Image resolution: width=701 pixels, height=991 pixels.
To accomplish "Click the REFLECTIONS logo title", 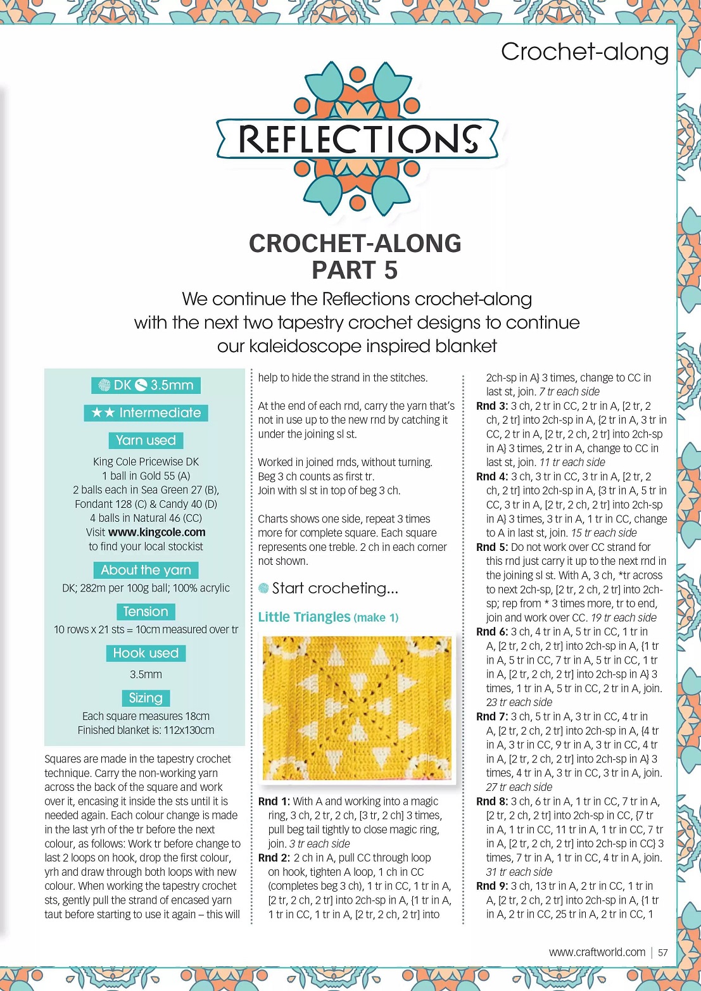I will (x=358, y=139).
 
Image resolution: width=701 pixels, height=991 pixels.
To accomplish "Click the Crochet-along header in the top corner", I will (x=584, y=52).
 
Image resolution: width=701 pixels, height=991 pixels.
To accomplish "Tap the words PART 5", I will (x=355, y=270).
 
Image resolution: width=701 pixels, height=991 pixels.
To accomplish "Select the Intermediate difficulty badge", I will (x=146, y=413).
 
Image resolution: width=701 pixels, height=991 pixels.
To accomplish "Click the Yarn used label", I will (x=146, y=440).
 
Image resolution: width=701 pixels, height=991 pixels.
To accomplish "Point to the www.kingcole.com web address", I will (x=156, y=532).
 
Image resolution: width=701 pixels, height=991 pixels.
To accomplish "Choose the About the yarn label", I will (x=146, y=570).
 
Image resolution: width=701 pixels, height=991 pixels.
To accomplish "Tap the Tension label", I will (x=146, y=612).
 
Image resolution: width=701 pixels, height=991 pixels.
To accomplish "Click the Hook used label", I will (x=146, y=653).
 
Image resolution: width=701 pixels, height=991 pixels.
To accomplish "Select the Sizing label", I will (x=146, y=698).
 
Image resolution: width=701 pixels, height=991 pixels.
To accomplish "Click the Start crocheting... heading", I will (x=334, y=588).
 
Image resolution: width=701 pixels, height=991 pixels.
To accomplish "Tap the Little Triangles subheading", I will (x=304, y=617).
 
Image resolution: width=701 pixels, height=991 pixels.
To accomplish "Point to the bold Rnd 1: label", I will (x=274, y=801).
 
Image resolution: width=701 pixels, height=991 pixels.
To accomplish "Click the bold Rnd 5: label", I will (x=492, y=546).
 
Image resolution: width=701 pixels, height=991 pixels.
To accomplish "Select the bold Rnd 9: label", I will (x=492, y=886).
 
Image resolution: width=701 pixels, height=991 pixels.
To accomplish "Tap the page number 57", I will (x=663, y=952).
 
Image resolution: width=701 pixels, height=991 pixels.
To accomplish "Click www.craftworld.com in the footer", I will (x=597, y=952).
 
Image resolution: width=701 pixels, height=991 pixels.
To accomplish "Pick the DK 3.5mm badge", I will (x=146, y=385).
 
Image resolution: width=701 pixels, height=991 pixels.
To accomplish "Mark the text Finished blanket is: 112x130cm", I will (x=146, y=730).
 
